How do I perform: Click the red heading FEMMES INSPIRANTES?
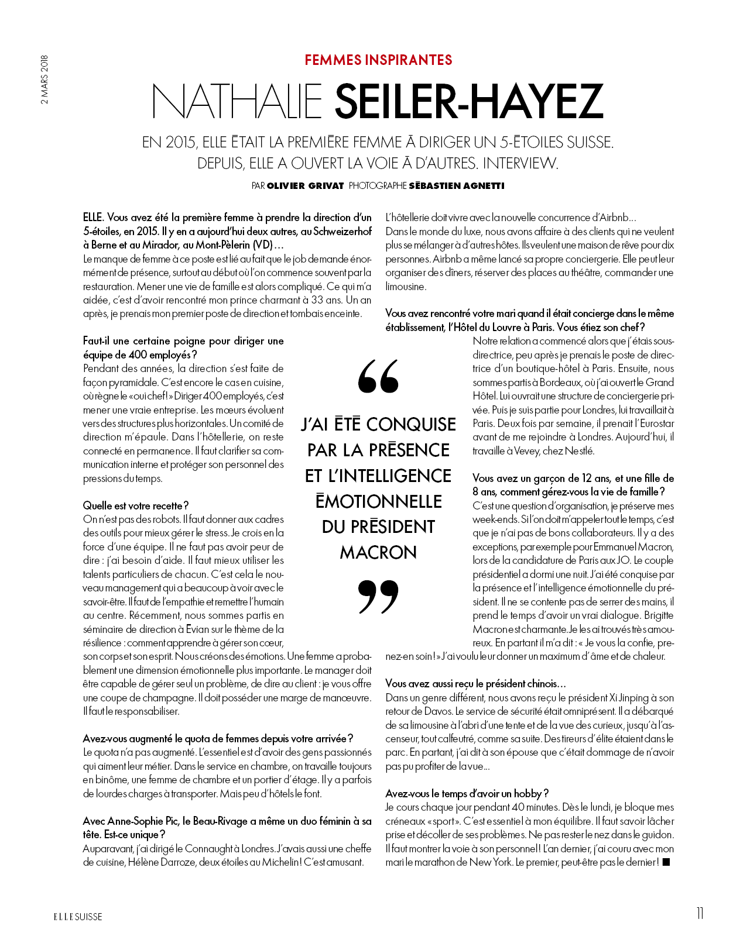pyautogui.click(x=378, y=60)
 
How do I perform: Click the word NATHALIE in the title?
pyautogui.click(x=237, y=101)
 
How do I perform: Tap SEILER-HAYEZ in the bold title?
pyautogui.click(x=468, y=101)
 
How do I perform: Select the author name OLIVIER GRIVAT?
pyautogui.click(x=305, y=186)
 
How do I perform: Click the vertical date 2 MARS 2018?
pyautogui.click(x=45, y=80)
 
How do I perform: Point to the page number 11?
pyautogui.click(x=700, y=913)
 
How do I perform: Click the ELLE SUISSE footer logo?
pyautogui.click(x=78, y=917)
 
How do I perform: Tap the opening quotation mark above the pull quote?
pyautogui.click(x=378, y=376)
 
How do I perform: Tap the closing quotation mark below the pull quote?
pyautogui.click(x=378, y=596)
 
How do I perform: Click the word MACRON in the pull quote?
pyautogui.click(x=378, y=552)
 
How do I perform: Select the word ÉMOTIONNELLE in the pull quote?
pyautogui.click(x=378, y=501)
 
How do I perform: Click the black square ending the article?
pyautogui.click(x=666, y=862)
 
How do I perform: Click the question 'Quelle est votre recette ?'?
pyautogui.click(x=136, y=505)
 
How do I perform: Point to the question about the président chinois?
pyautogui.click(x=475, y=684)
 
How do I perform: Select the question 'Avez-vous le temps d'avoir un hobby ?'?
pyautogui.click(x=467, y=794)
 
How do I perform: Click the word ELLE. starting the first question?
pyautogui.click(x=94, y=218)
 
